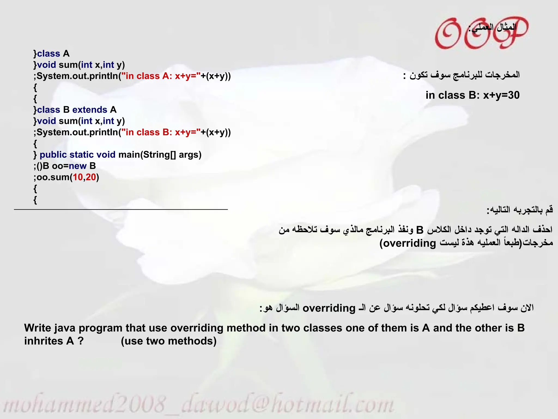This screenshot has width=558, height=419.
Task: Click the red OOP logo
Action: point(481,33)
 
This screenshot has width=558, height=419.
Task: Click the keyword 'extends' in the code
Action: point(90,110)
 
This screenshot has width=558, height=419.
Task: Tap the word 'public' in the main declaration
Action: point(53,155)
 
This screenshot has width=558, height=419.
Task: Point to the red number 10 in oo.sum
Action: point(78,177)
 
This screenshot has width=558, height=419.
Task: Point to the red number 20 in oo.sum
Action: point(91,177)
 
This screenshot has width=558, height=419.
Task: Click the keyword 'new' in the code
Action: point(78,166)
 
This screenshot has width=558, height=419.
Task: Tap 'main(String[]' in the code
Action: point(147,155)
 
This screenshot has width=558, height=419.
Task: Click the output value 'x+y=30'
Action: point(501,95)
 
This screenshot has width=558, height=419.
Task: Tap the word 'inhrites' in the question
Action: point(43,341)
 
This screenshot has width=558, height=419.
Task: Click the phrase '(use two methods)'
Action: point(169,341)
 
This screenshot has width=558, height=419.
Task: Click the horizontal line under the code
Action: point(121,209)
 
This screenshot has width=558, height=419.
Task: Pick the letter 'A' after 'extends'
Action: point(113,110)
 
